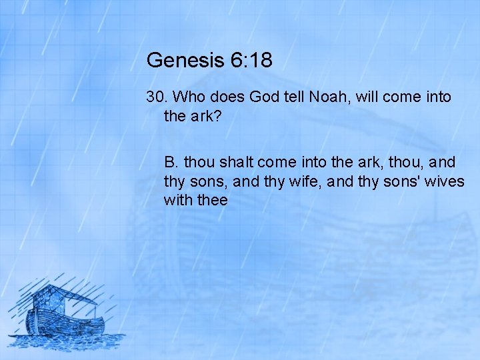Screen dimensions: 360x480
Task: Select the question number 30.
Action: pyautogui.click(x=156, y=97)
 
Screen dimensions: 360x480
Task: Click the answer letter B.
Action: pyautogui.click(x=172, y=162)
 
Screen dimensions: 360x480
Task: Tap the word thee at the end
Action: pyautogui.click(x=212, y=200)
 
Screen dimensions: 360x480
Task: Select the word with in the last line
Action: pyautogui.click(x=177, y=200)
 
